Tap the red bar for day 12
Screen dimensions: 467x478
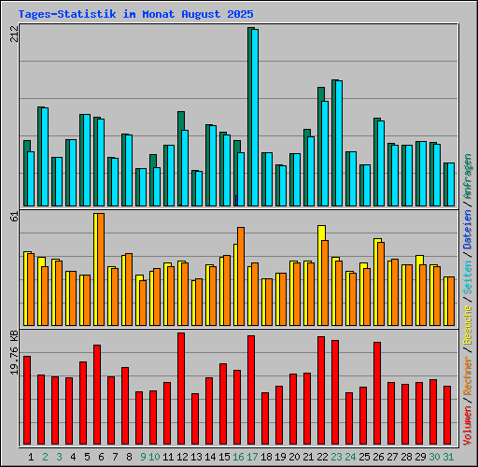click(181, 389)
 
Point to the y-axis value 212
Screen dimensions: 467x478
click(13, 35)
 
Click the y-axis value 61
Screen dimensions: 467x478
click(13, 217)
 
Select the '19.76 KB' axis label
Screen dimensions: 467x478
click(13, 353)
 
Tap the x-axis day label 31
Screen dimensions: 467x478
click(448, 457)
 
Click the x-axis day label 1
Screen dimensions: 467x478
click(31, 457)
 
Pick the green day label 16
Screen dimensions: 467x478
click(238, 457)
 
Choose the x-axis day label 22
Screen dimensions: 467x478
click(322, 457)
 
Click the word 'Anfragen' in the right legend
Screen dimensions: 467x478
click(468, 178)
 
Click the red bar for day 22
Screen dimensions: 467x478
click(321, 390)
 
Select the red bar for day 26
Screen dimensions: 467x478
click(377, 393)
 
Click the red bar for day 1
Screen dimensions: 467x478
click(27, 401)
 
